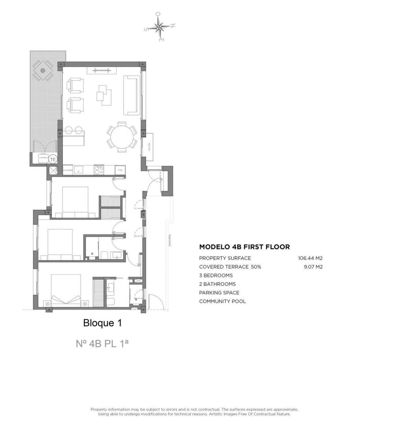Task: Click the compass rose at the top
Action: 160,27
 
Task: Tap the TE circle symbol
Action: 53,159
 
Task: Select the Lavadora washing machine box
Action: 43,158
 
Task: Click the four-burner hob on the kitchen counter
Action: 99,170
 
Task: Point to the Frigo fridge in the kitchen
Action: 120,170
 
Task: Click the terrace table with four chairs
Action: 43,70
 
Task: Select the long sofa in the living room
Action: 131,95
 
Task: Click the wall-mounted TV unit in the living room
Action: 101,70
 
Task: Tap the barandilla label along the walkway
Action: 169,239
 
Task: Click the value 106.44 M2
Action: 310,258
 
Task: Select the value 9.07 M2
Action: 313,267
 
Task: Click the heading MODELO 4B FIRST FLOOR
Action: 244,247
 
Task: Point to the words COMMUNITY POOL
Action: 222,301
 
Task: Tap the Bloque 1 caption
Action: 102,323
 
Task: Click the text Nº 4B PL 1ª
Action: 102,343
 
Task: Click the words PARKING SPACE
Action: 219,293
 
